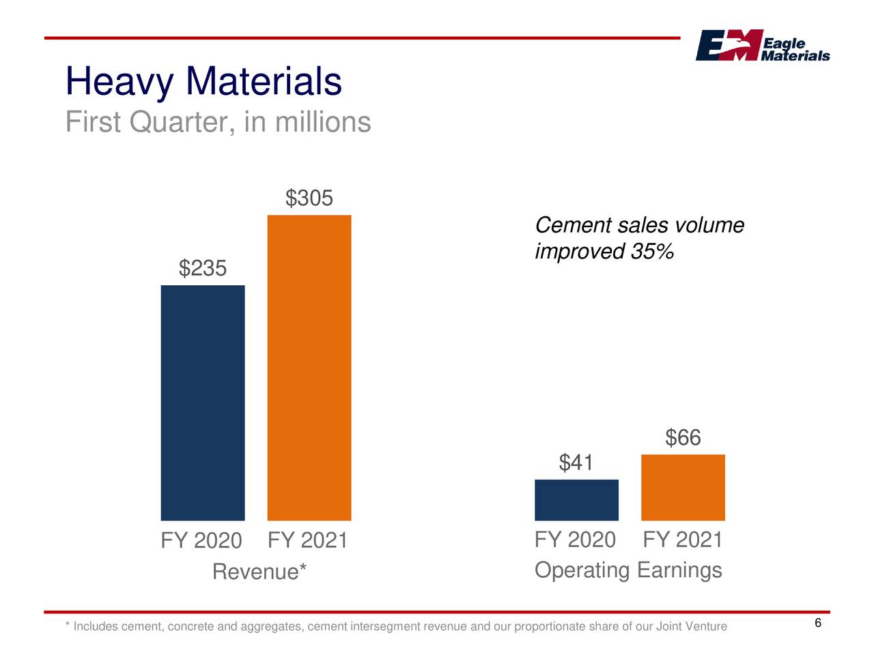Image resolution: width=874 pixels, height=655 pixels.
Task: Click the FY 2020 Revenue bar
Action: [203, 403]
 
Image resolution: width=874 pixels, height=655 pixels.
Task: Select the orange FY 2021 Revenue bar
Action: [309, 368]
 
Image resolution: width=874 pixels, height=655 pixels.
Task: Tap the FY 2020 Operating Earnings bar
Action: [576, 500]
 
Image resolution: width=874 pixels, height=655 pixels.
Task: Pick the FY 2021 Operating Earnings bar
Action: [683, 487]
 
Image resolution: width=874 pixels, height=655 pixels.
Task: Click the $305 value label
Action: [309, 199]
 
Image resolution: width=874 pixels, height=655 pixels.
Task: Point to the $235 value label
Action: [203, 268]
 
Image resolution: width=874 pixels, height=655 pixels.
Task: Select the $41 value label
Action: [576, 463]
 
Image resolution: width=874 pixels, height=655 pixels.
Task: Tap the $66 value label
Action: [683, 437]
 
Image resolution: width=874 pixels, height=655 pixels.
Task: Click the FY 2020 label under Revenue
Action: [201, 541]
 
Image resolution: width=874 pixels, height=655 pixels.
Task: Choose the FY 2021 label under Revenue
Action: [308, 541]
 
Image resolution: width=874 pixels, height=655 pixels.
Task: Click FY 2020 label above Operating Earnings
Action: [575, 540]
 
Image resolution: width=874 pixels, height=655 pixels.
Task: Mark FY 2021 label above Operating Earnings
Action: [682, 540]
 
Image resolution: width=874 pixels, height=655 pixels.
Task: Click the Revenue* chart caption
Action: [259, 572]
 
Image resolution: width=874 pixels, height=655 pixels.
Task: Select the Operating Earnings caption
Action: [628, 570]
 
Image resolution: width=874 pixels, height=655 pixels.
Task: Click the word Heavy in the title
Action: [119, 82]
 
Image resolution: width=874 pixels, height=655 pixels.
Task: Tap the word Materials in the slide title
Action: [264, 81]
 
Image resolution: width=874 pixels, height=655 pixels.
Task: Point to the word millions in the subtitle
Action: [323, 123]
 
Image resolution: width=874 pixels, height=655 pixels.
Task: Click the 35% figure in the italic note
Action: [652, 252]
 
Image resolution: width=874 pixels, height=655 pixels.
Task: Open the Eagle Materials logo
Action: [762, 46]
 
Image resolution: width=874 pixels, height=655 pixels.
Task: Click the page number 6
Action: [818, 624]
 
